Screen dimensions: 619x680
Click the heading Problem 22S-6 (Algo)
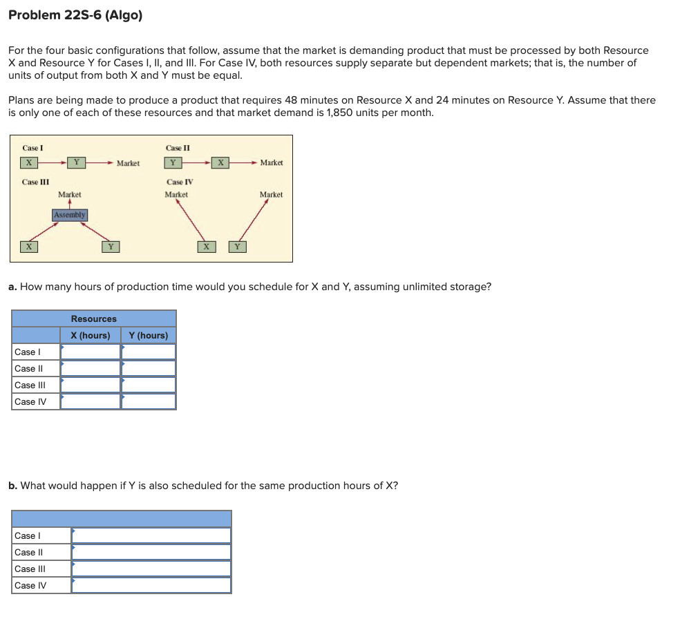point(75,15)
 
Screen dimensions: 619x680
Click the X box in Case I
point(28,162)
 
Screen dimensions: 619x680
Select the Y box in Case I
point(76,162)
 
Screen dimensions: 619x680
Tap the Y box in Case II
point(172,162)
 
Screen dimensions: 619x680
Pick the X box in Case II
point(220,162)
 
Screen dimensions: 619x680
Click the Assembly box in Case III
point(70,215)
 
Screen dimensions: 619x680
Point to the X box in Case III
point(28,246)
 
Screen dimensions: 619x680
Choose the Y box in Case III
point(111,246)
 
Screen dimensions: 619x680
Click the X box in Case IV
point(206,246)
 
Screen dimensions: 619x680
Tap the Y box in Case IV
point(237,246)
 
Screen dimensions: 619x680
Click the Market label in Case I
point(128,163)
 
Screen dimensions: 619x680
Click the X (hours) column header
point(91,335)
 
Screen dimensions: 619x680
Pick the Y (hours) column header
point(149,335)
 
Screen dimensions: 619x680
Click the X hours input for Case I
point(91,352)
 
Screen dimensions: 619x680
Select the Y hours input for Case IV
point(149,401)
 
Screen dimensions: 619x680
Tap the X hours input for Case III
point(91,385)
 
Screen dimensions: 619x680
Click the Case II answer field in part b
point(151,552)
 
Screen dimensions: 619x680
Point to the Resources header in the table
point(94,318)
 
